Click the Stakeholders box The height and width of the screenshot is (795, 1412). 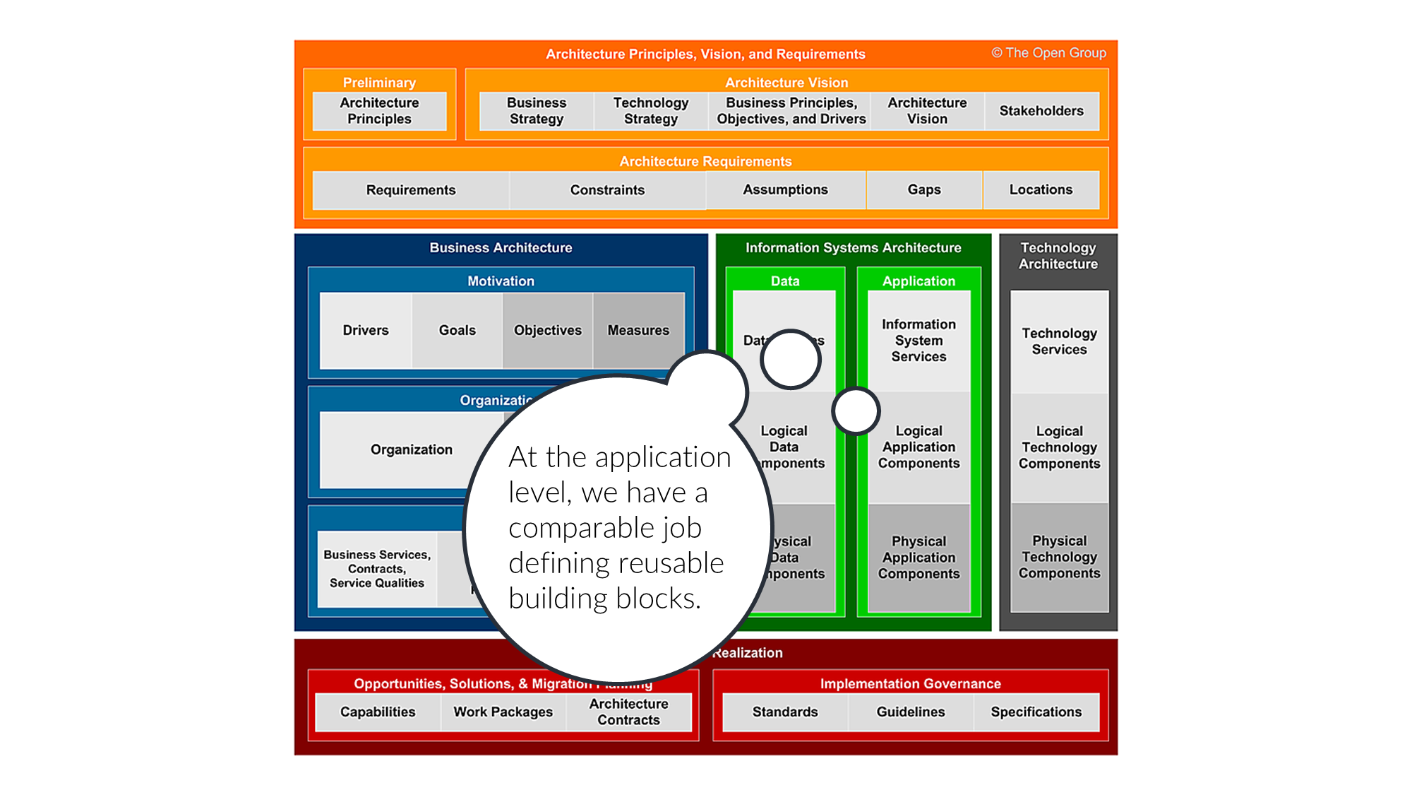[1041, 111]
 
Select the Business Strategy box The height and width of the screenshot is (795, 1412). [537, 111]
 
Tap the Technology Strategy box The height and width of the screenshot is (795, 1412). [650, 111]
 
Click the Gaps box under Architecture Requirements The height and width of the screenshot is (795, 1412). [924, 189]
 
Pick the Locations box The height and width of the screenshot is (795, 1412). [1041, 189]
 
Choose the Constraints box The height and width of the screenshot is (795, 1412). [607, 190]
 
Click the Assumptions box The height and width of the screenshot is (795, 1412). [785, 189]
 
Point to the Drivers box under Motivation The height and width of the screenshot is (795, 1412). [366, 330]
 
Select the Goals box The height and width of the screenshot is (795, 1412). [457, 330]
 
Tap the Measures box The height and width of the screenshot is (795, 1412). [638, 330]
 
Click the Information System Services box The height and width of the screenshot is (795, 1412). [919, 341]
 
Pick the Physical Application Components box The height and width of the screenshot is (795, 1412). [919, 558]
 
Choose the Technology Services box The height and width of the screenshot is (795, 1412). [1059, 341]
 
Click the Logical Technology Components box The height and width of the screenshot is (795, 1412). [1059, 447]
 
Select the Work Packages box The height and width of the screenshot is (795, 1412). [503, 712]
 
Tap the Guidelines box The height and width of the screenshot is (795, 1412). [911, 712]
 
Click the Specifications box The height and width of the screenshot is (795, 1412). [1036, 712]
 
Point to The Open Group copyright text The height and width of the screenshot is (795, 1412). [1048, 53]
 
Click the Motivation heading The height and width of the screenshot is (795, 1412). [501, 281]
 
